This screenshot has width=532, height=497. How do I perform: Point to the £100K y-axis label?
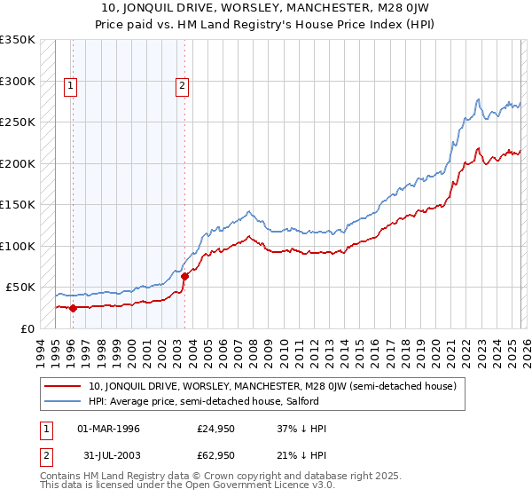pyautogui.click(x=18, y=246)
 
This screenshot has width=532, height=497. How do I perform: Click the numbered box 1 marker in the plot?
pyautogui.click(x=71, y=86)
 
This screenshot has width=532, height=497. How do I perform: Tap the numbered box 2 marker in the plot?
pyautogui.click(x=182, y=86)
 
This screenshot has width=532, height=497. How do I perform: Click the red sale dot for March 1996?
pyautogui.click(x=73, y=308)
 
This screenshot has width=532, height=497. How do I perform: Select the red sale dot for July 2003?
pyautogui.click(x=184, y=276)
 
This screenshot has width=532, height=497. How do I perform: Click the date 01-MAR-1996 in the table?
pyautogui.click(x=108, y=429)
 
